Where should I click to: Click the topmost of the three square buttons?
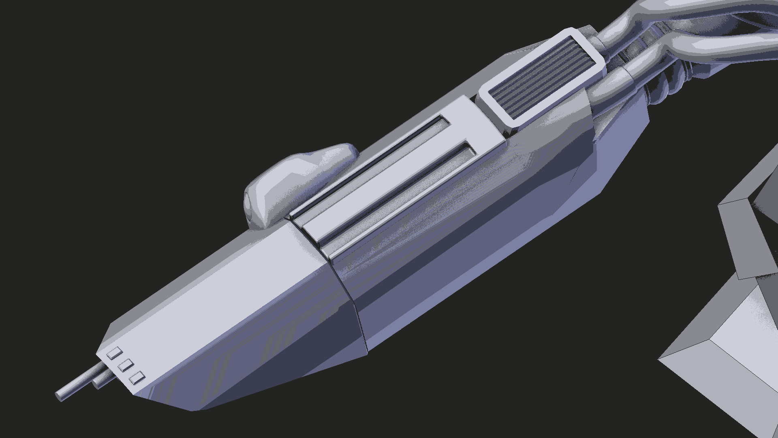pyautogui.click(x=115, y=353)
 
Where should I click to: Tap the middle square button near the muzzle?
pyautogui.click(x=126, y=365)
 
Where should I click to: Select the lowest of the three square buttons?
pyautogui.click(x=137, y=378)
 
